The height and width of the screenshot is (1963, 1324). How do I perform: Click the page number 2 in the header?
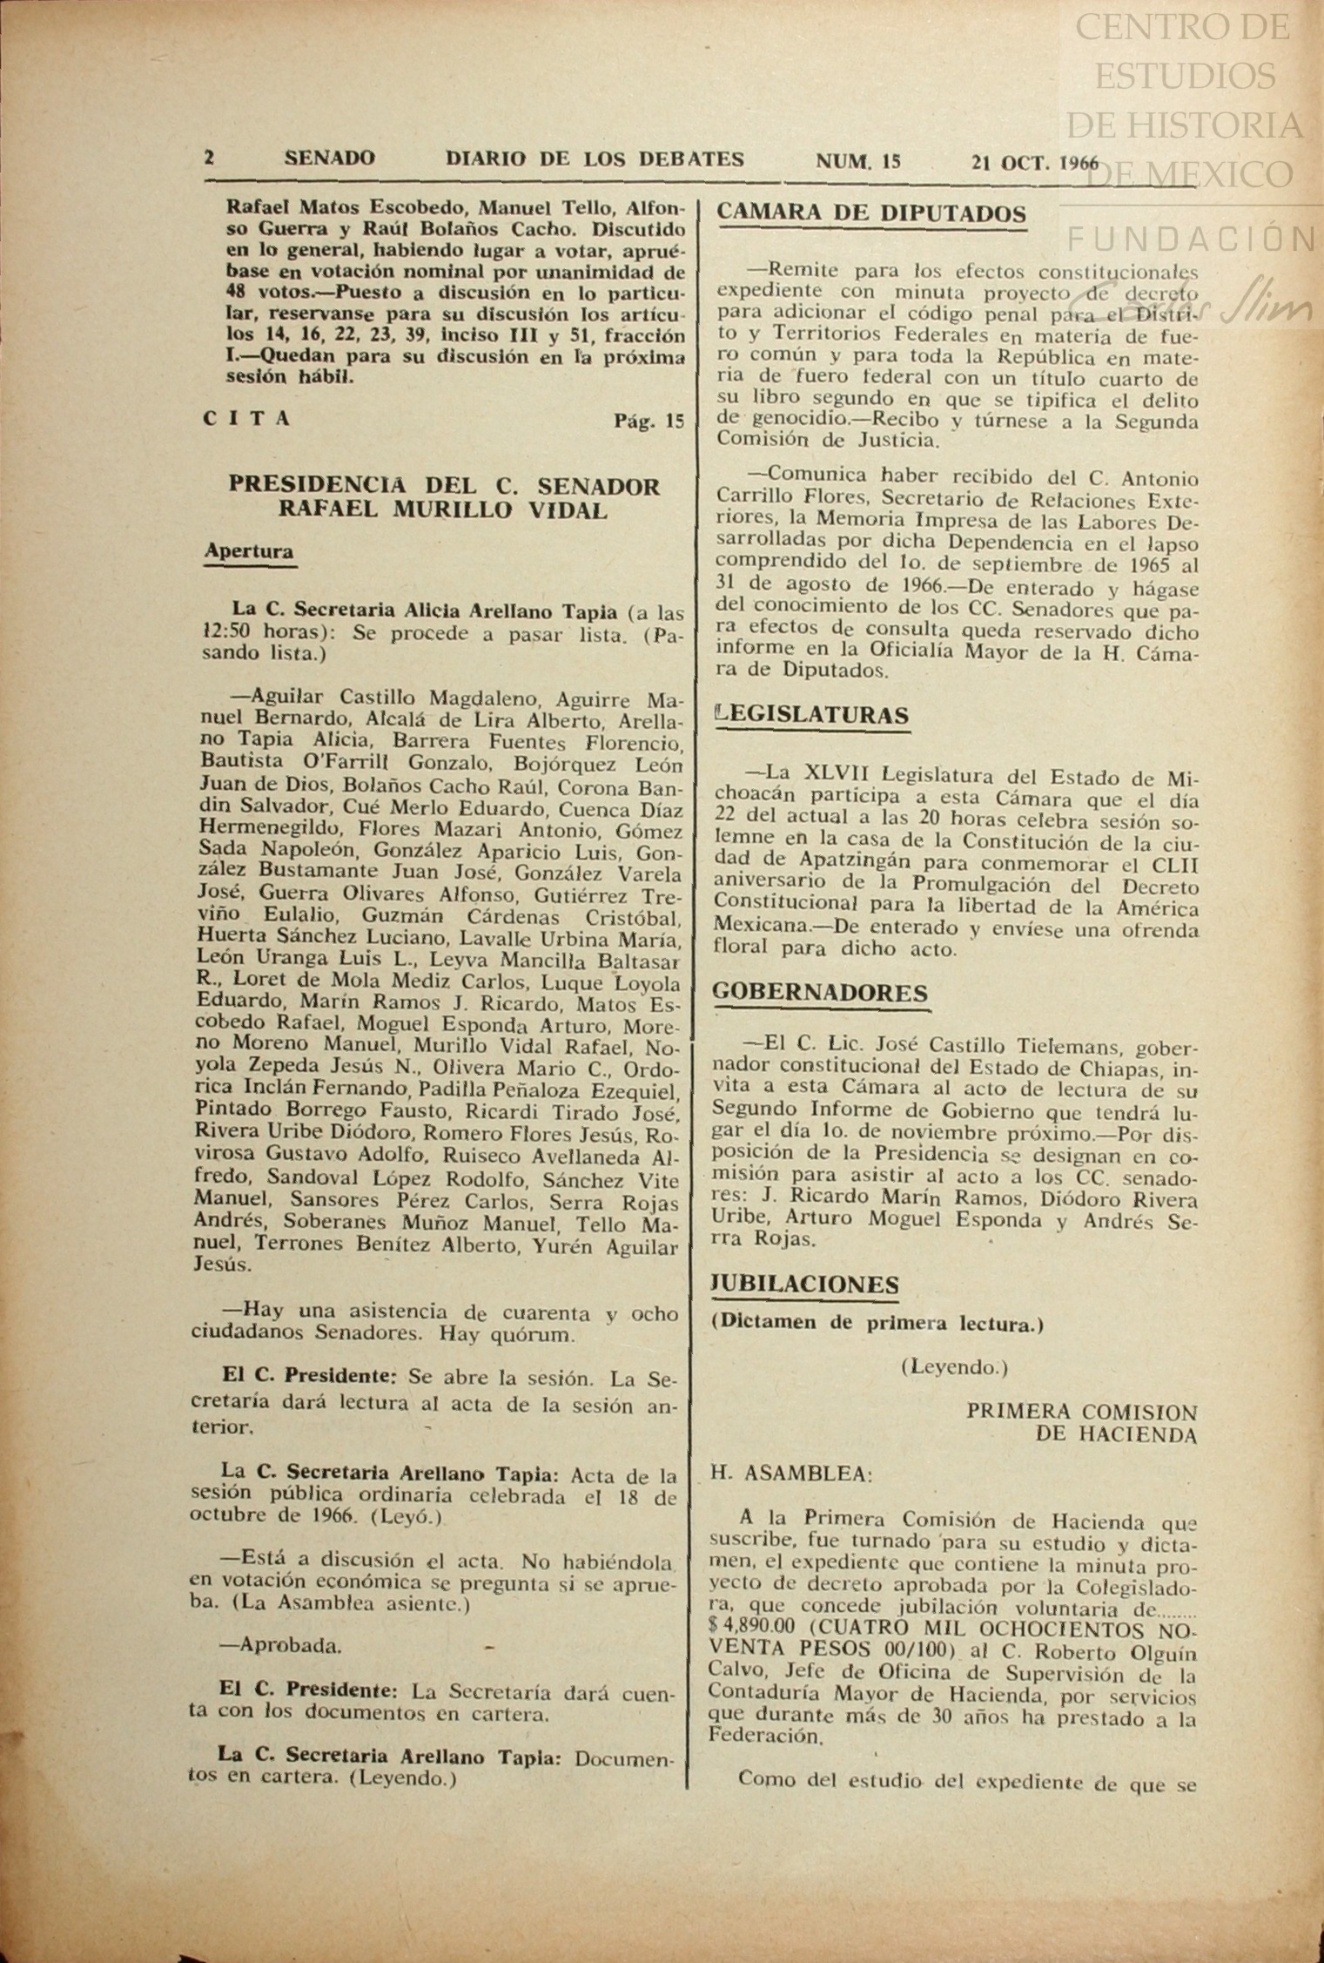(209, 159)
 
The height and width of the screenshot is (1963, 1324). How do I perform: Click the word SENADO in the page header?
(329, 159)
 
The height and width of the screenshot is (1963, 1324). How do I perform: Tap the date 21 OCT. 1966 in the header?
(1035, 162)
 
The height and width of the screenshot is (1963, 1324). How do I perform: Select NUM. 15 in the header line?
(857, 161)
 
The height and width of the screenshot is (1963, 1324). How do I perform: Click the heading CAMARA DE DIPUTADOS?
(871, 213)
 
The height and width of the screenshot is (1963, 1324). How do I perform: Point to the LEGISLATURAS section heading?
(811, 715)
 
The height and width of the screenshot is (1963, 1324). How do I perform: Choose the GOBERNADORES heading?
(820, 993)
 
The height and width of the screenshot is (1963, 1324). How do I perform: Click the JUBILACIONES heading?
(805, 1285)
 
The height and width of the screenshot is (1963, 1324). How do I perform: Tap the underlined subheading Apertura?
(249, 551)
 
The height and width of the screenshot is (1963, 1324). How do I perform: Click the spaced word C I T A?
(246, 419)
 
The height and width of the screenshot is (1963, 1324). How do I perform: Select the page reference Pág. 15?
(649, 422)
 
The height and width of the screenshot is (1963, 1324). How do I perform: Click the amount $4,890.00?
(752, 1626)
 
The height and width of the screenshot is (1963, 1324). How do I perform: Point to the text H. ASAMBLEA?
(791, 1474)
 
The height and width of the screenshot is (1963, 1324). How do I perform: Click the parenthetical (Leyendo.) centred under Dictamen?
(954, 1367)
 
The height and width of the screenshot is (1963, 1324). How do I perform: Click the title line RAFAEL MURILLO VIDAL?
(443, 509)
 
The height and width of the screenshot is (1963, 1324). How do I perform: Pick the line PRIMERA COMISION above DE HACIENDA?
(1081, 1412)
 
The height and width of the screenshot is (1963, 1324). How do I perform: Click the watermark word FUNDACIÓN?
(1191, 239)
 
